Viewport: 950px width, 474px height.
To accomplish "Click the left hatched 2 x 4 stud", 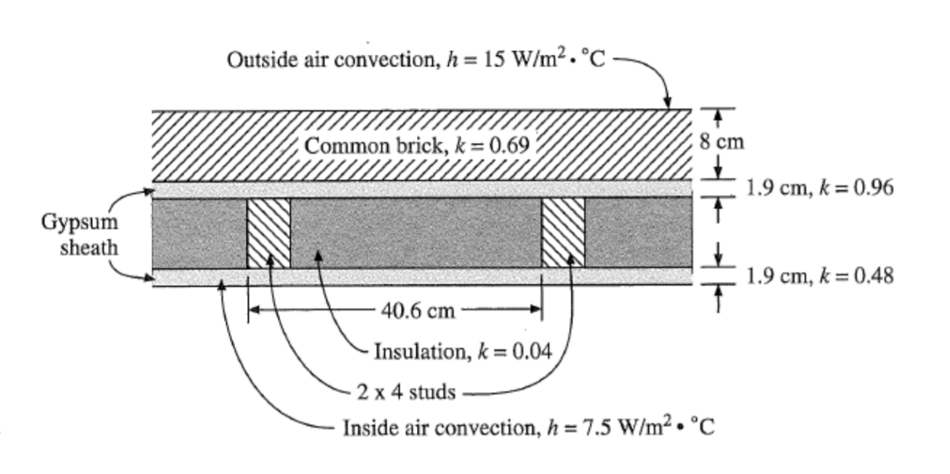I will pos(268,232).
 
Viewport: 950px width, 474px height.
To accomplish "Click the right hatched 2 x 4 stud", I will pos(563,232).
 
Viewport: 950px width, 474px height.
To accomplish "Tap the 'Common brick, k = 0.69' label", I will pos(416,145).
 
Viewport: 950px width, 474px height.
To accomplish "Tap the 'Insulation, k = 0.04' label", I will pos(462,352).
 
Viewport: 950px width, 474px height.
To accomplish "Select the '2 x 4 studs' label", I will pos(406,392).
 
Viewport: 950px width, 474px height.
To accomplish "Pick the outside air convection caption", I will pos(416,60).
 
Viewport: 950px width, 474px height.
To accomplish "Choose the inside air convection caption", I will pos(528,428).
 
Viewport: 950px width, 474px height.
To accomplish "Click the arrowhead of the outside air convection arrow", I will pos(667,103).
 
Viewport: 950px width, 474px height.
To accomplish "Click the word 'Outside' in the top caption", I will pos(257,60).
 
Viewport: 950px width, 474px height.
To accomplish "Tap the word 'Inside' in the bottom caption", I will pos(367,428).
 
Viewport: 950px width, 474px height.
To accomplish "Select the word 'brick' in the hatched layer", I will pos(417,145).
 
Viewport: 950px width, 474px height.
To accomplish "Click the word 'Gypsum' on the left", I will pos(80,223).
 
